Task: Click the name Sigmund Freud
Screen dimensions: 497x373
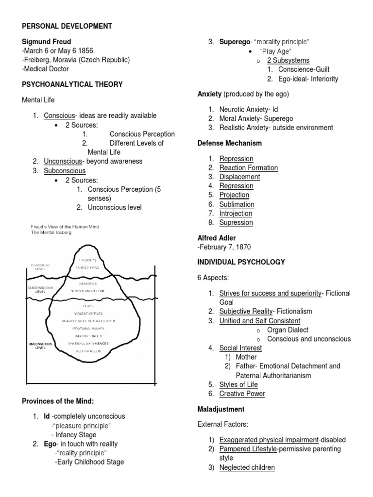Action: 47,42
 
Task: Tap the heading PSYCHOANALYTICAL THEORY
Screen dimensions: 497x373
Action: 72,84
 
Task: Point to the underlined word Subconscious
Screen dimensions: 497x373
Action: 65,170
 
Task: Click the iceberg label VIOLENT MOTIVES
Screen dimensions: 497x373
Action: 88,314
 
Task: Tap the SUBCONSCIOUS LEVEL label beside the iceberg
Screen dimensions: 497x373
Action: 40,290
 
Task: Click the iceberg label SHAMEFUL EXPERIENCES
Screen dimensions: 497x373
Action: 88,343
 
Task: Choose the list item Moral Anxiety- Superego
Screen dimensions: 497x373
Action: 256,118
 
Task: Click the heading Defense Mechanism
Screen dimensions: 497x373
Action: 230,143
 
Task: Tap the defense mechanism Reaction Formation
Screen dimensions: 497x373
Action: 249,167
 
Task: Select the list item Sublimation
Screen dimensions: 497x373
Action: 237,204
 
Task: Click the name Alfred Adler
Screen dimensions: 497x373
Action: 217,238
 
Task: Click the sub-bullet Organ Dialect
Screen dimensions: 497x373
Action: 288,330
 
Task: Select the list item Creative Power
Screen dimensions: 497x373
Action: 242,394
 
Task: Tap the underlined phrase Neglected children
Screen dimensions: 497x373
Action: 247,467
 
